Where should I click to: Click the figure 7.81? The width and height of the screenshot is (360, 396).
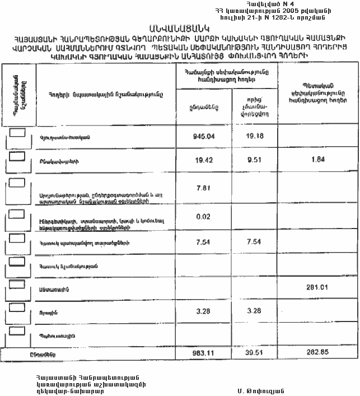pos(204,188)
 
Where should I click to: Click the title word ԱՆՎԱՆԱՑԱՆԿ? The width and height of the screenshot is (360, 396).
pos(179,28)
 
